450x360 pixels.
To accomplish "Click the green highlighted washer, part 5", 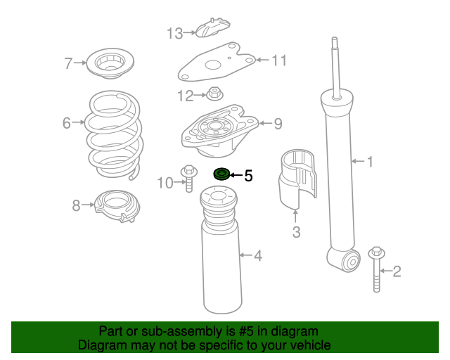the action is (221, 174).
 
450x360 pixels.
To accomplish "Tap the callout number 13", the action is (174, 33).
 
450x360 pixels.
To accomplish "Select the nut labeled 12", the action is (214, 94).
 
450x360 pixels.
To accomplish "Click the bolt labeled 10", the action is (189, 179).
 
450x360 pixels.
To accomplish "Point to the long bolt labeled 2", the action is (377, 269).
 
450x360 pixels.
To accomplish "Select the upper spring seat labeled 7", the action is (110, 63).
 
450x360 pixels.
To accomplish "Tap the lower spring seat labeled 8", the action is (117, 205).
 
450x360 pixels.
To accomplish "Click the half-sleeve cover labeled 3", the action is (297, 178).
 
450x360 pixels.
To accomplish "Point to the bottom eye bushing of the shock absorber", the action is (352, 261).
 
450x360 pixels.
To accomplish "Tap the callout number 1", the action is (370, 162).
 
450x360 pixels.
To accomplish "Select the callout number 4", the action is (258, 255).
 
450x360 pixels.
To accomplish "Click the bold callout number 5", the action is (248, 176).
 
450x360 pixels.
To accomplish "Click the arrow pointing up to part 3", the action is (296, 217).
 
